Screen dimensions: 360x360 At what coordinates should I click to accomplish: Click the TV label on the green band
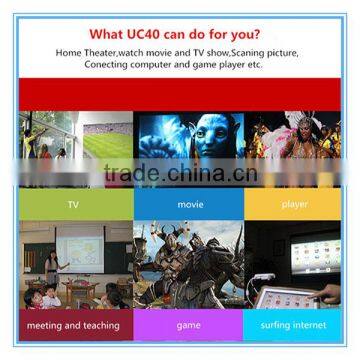72,203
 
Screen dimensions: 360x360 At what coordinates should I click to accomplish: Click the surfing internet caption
297,325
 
